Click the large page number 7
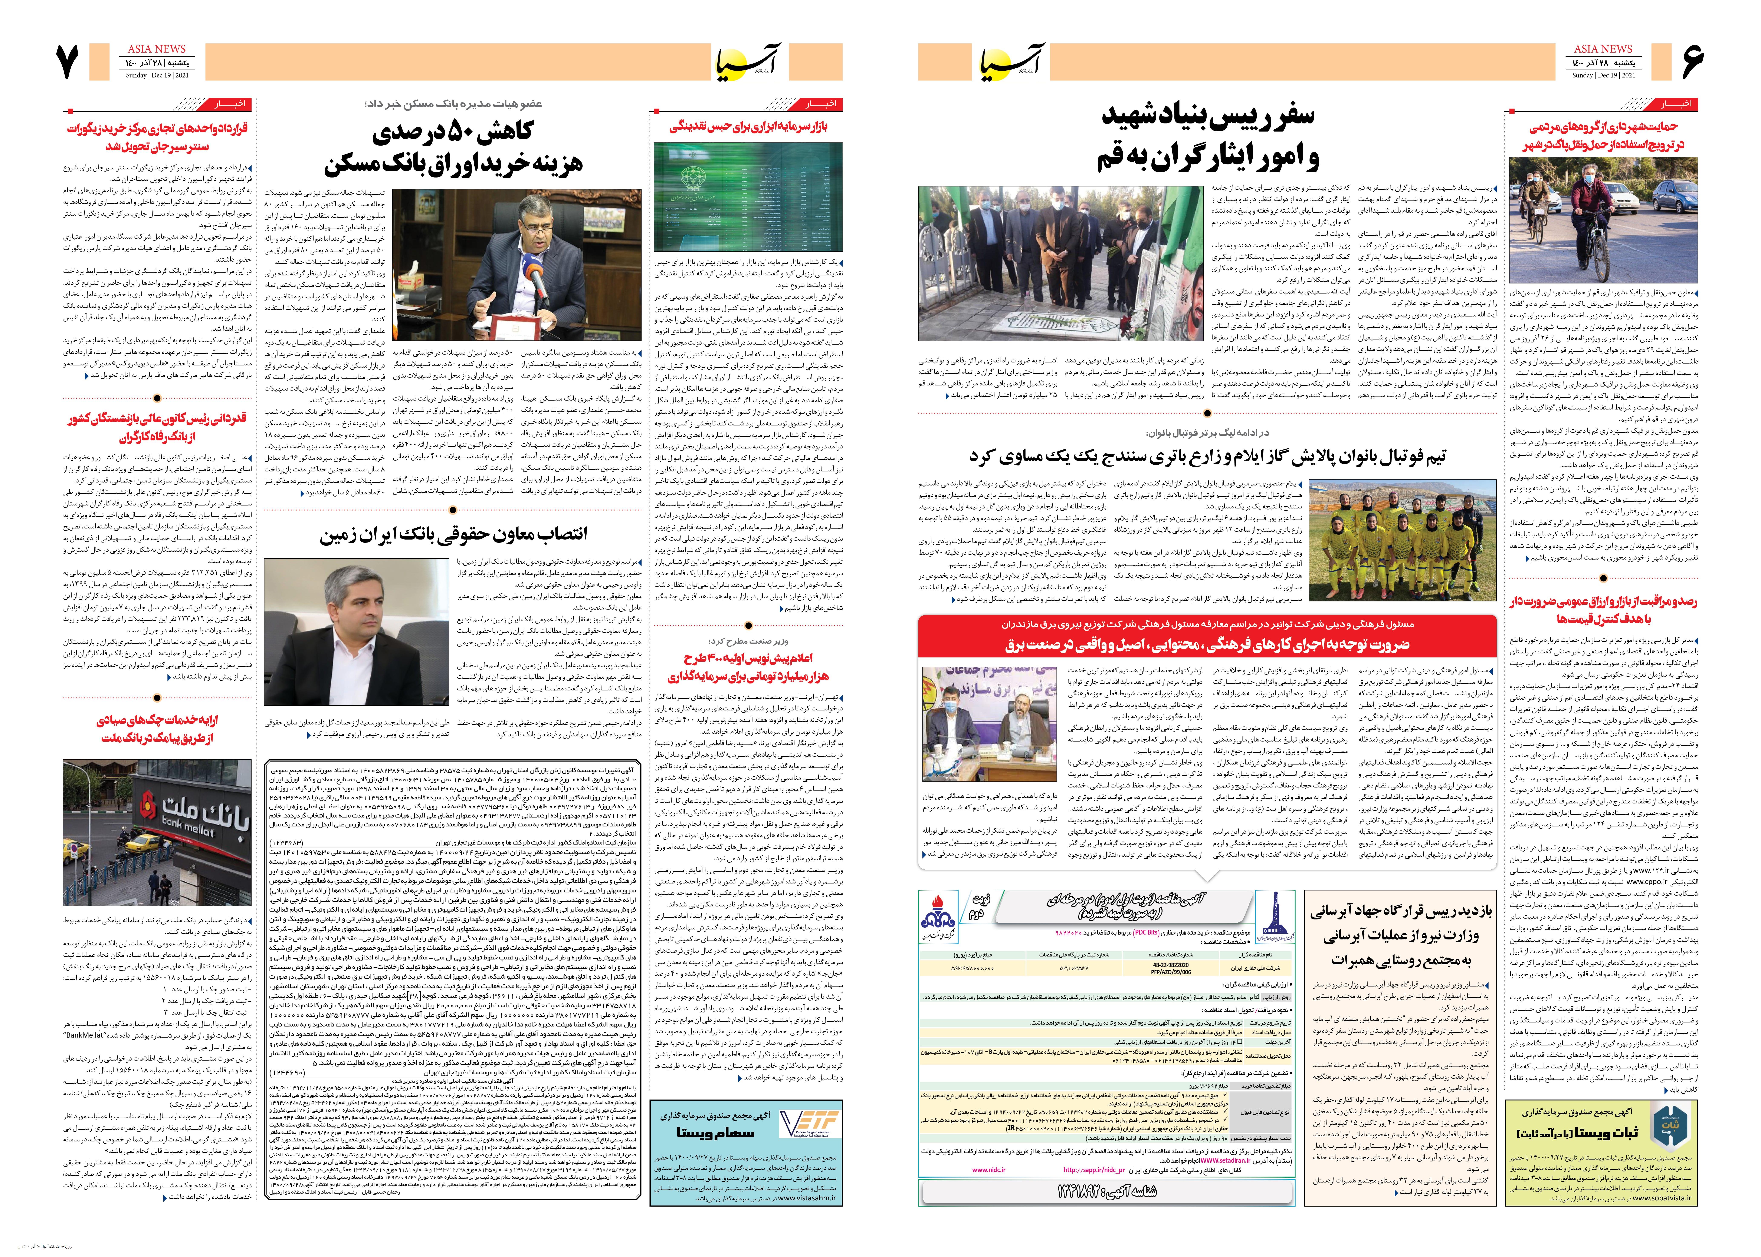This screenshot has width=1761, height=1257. click(x=68, y=62)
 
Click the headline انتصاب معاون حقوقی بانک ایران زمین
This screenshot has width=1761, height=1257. click(x=453, y=535)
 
